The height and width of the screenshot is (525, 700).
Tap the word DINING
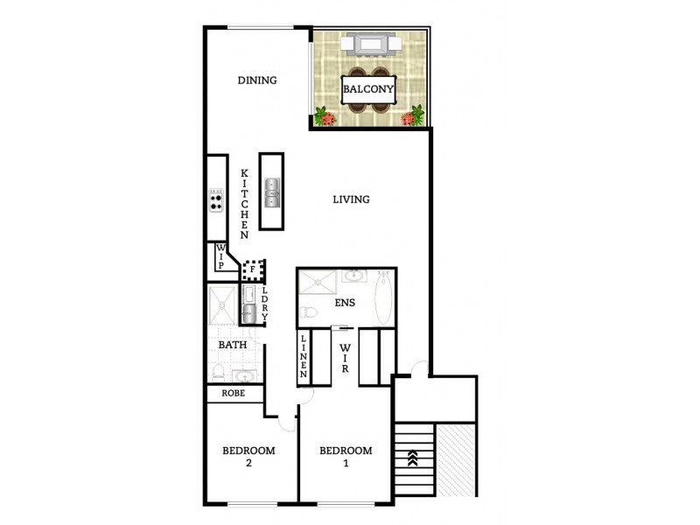pyautogui.click(x=257, y=80)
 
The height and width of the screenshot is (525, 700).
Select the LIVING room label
pyautogui.click(x=351, y=199)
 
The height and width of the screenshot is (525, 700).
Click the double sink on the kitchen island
pyautogui.click(x=271, y=192)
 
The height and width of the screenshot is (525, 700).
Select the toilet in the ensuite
pyautogui.click(x=306, y=313)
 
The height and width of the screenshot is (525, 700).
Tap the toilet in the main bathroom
pyautogui.click(x=217, y=371)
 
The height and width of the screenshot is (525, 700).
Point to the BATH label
pyautogui.click(x=232, y=345)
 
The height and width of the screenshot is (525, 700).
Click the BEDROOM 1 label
pyautogui.click(x=345, y=457)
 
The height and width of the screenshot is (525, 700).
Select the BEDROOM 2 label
pyautogui.click(x=248, y=457)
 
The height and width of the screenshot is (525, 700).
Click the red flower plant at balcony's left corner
pyautogui.click(x=325, y=116)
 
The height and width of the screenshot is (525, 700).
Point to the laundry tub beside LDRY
pyautogui.click(x=248, y=313)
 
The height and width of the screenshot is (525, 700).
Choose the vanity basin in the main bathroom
pyautogui.click(x=244, y=375)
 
